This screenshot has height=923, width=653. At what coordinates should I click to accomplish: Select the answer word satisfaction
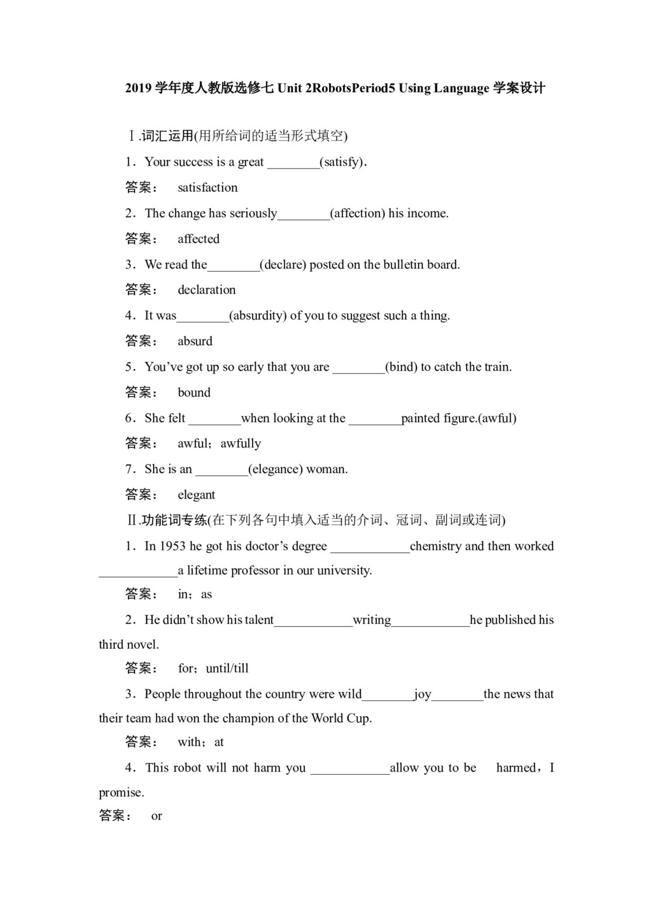click(208, 188)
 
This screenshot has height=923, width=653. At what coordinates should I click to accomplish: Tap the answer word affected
click(199, 239)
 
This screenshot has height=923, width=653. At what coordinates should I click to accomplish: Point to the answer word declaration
click(206, 290)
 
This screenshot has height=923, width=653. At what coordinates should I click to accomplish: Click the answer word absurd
click(195, 341)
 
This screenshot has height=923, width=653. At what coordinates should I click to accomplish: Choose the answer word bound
click(194, 392)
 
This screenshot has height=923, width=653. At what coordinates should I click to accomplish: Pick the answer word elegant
click(196, 495)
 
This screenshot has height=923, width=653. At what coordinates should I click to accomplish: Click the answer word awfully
click(240, 444)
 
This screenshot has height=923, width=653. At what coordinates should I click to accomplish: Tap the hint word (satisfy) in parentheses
click(342, 162)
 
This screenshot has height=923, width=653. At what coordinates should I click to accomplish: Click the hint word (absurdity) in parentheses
click(258, 316)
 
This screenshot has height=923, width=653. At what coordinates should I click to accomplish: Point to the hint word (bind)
click(401, 367)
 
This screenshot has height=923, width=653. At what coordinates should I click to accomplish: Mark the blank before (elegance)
click(221, 470)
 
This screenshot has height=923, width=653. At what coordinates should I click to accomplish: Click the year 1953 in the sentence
click(172, 546)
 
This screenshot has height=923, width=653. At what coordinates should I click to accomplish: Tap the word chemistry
click(436, 546)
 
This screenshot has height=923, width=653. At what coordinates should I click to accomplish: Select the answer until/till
click(227, 668)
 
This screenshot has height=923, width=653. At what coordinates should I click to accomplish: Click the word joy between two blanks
click(422, 694)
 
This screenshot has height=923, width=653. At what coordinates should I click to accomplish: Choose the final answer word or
click(157, 816)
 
